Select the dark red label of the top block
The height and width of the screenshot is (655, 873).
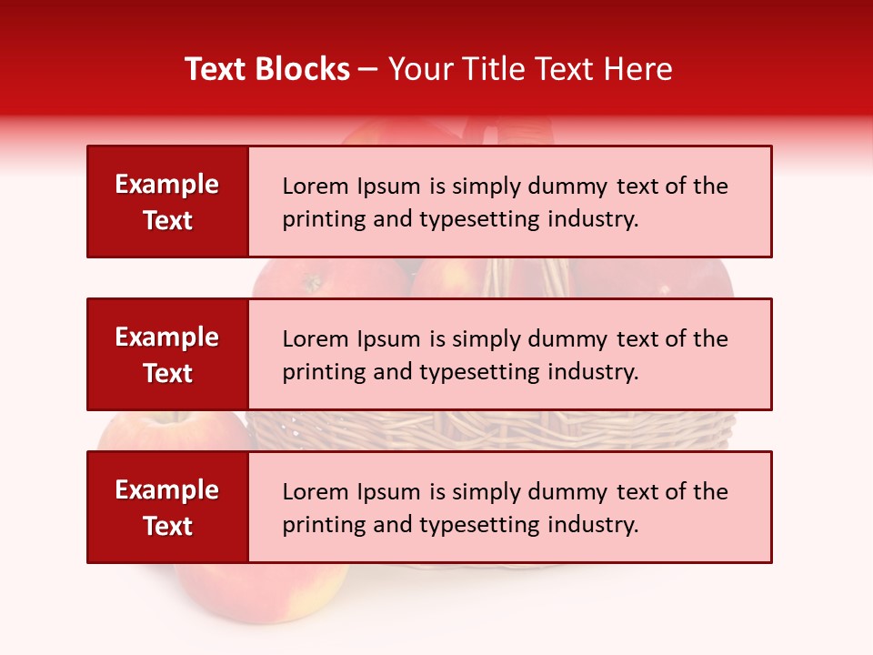[167, 201]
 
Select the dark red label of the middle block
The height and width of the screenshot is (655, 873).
[167, 354]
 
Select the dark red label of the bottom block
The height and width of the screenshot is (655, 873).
[167, 507]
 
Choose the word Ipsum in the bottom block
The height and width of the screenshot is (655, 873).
[389, 492]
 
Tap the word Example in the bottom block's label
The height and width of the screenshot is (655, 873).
[167, 490]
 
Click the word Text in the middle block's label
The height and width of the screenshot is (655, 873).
[167, 373]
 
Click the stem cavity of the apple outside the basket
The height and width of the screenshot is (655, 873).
[173, 420]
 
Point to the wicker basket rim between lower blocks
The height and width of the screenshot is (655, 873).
[491, 428]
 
